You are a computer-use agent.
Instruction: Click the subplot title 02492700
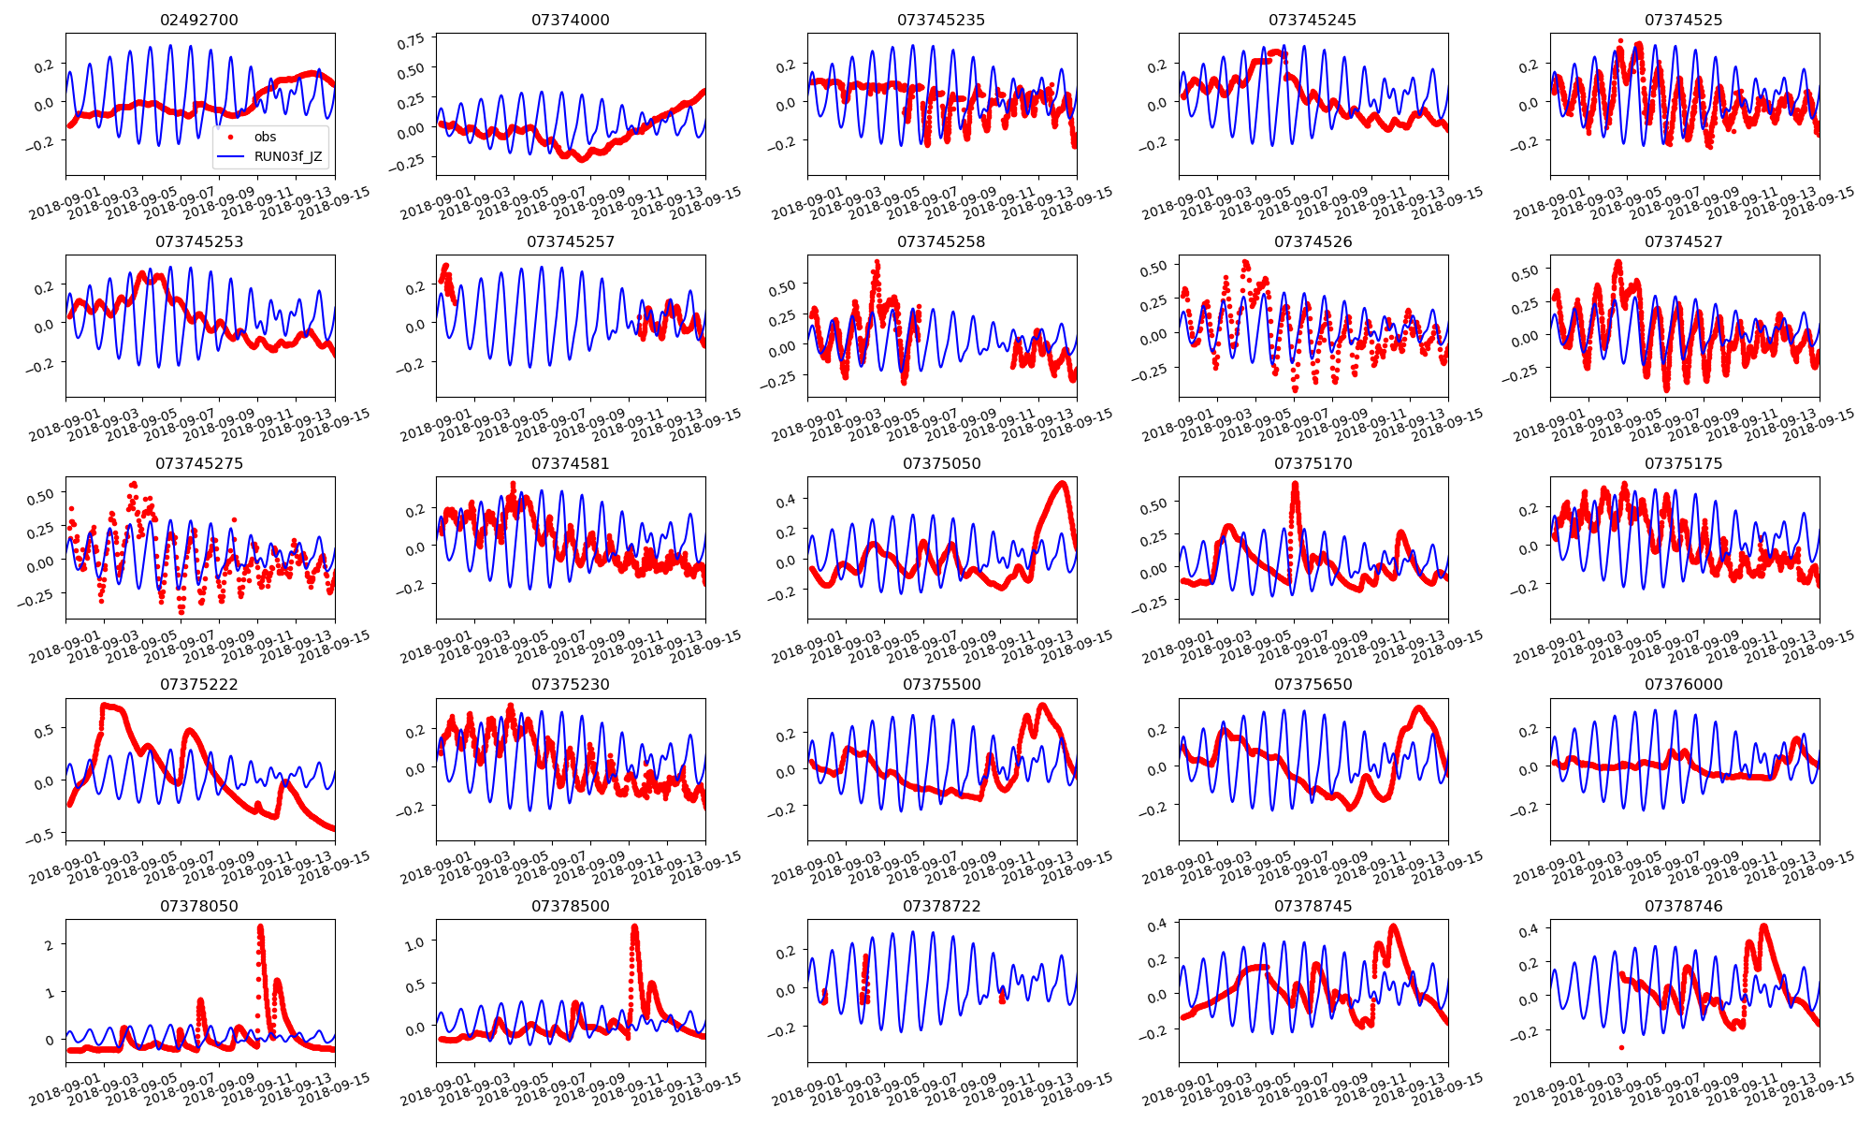click(199, 20)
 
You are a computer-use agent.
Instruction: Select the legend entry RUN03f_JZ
click(287, 156)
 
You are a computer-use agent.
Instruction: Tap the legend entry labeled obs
click(265, 137)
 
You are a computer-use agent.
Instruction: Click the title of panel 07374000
click(570, 20)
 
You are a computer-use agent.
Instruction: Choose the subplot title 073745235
click(941, 20)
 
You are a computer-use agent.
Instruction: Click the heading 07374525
click(1683, 20)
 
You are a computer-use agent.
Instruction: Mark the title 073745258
click(941, 241)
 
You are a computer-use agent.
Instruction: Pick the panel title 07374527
click(1683, 241)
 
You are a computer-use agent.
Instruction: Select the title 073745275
click(199, 463)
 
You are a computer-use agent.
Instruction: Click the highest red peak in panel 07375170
click(1296, 484)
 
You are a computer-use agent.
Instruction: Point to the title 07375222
click(199, 684)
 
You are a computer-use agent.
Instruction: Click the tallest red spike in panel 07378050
click(260, 927)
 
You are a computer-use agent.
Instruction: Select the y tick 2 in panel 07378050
click(50, 944)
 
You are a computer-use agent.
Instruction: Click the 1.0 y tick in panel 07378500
click(413, 942)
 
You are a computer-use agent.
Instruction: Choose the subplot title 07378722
click(941, 906)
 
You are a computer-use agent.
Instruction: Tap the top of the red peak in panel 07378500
click(635, 927)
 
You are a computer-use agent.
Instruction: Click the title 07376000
click(1683, 684)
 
